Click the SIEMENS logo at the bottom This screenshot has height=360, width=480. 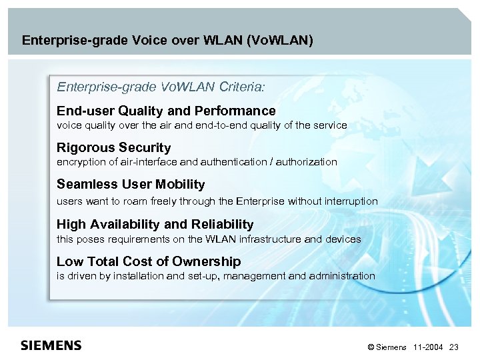point(51,345)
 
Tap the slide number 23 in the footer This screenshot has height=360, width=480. point(455,347)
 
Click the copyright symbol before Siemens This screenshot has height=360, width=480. point(370,347)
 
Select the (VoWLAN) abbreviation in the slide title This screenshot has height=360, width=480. point(279,40)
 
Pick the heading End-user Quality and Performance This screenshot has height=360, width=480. point(166,111)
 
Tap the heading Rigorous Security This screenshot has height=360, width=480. point(113,147)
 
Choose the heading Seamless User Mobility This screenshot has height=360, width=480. point(131,184)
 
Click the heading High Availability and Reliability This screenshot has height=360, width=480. point(155,224)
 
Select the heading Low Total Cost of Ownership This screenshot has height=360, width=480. point(149,261)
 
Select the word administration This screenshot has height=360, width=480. point(343,276)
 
